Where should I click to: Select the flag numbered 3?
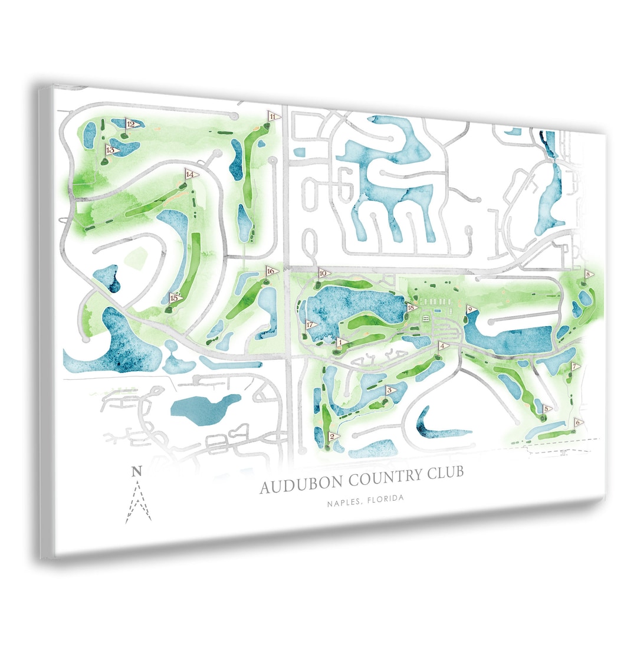click(x=390, y=390)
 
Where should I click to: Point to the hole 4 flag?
click(x=443, y=346)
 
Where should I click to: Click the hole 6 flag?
click(x=579, y=422)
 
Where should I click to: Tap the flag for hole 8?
click(x=589, y=274)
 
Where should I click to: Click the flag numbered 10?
click(x=323, y=273)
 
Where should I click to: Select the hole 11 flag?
click(x=273, y=116)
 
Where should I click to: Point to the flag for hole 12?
click(x=132, y=124)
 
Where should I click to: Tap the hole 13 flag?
click(x=111, y=150)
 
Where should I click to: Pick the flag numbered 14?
click(x=190, y=175)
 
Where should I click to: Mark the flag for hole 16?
click(x=271, y=271)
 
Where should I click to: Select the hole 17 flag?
click(x=310, y=324)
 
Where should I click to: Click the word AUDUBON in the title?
click(x=303, y=485)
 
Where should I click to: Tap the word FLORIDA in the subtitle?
click(x=385, y=499)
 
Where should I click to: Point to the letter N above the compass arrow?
click(x=137, y=471)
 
